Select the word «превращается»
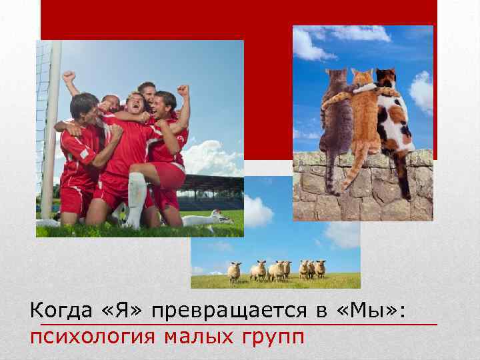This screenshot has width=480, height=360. (x=228, y=311)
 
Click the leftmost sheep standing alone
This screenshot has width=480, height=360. (x=234, y=270)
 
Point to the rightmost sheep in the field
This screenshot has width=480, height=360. (x=321, y=268)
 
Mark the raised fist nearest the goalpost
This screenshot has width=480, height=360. (x=69, y=77)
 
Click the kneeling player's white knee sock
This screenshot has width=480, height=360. (x=136, y=197)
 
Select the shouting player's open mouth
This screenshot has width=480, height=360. (x=137, y=109)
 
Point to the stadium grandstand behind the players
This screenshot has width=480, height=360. (x=213, y=190)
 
